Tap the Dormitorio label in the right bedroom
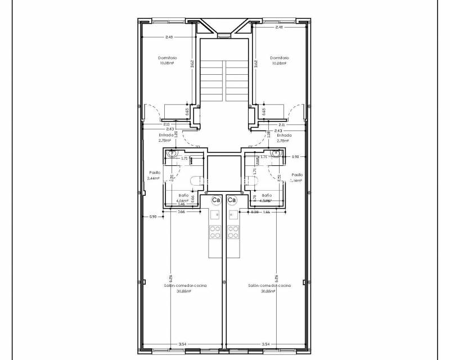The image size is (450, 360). tap(280, 57)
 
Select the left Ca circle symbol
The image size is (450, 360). tap(217, 200)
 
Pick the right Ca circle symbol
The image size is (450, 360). tap(232, 200)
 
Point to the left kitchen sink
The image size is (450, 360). tap(215, 214)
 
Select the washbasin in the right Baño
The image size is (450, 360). tap(276, 153)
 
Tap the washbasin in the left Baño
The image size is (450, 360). tap(173, 153)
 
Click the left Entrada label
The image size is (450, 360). tap(166, 136)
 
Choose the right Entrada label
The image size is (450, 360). tap(284, 136)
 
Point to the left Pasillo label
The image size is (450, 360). tap(155, 173)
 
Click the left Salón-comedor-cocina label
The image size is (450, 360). tap(185, 286)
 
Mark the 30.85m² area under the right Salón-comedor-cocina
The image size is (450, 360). tap(269, 291)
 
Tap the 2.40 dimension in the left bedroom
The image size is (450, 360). tap(169, 37)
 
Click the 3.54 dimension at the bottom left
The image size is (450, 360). tap(182, 344)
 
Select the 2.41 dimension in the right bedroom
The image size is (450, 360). tap(279, 28)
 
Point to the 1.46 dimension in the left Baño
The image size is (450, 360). tap(181, 204)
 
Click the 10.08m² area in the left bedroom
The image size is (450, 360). tap(167, 63)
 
